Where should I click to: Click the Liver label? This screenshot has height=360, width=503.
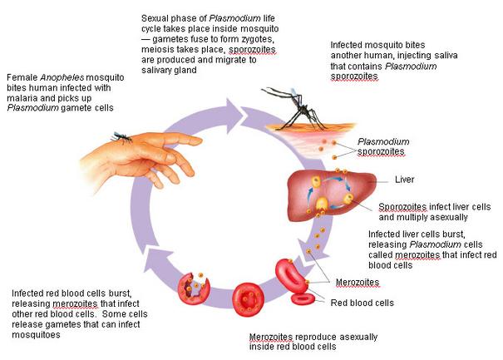pyautogui.click(x=404, y=180)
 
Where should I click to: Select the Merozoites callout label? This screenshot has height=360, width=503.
pyautogui.click(x=358, y=283)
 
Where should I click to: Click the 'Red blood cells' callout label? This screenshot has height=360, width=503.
pyautogui.click(x=362, y=303)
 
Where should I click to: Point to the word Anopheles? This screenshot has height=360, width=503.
pyautogui.click(x=62, y=77)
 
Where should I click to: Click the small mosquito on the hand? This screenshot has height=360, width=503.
pyautogui.click(x=121, y=137)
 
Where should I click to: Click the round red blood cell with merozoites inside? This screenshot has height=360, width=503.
pyautogui.click(x=248, y=299)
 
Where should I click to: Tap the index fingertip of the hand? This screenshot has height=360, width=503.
pyautogui.click(x=198, y=141)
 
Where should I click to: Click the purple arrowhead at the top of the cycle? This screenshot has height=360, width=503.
pyautogui.click(x=234, y=116)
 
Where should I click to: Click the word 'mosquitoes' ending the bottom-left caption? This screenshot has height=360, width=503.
pyautogui.click(x=36, y=335)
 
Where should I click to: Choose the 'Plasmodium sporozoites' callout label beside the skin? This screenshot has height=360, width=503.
pyautogui.click(x=383, y=146)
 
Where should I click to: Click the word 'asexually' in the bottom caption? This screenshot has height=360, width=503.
pyautogui.click(x=358, y=337)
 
